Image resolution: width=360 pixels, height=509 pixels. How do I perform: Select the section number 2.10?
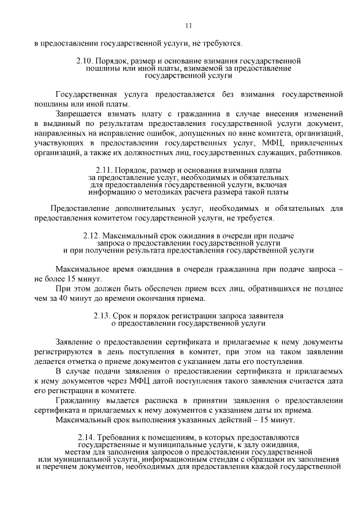(x=84, y=60)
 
